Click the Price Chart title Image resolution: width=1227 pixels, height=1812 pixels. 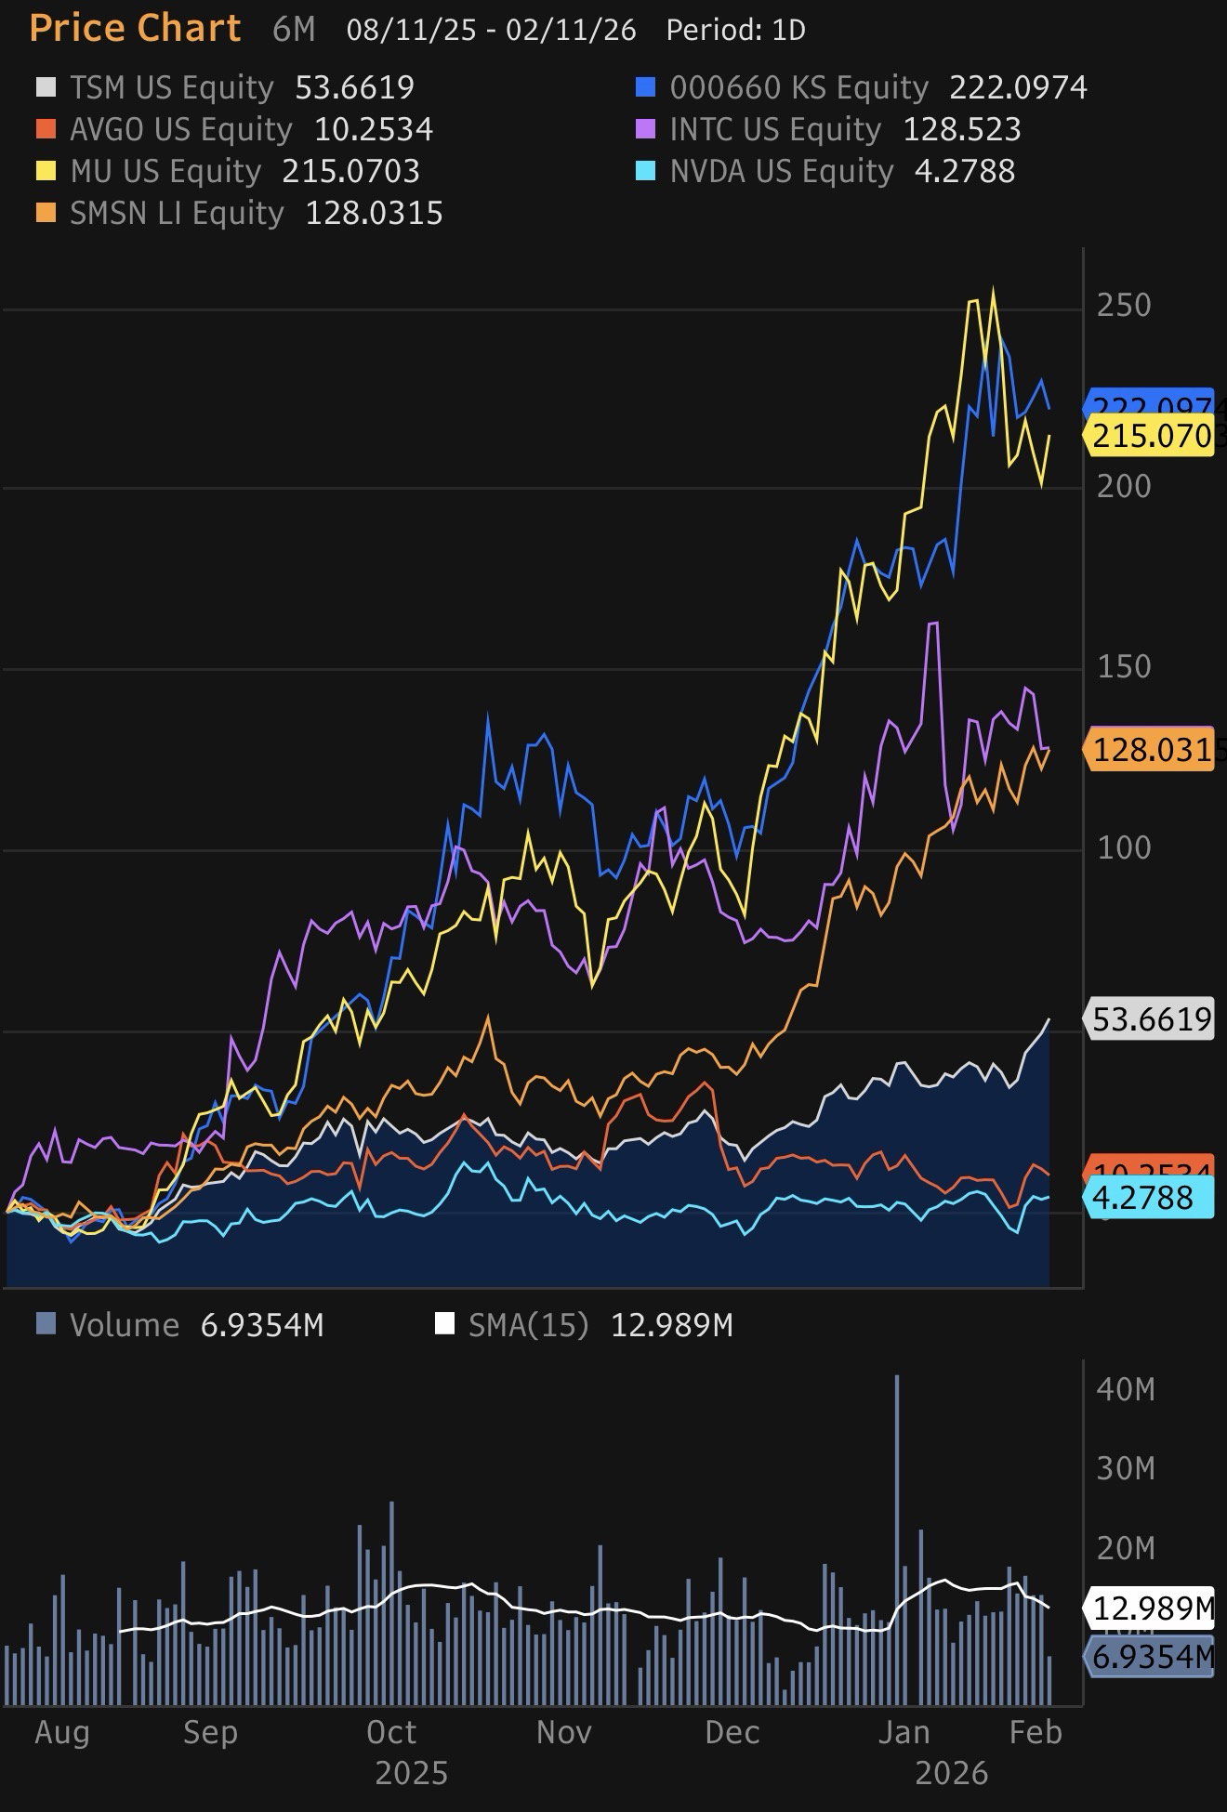coord(136,29)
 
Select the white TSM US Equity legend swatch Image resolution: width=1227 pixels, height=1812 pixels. coord(46,87)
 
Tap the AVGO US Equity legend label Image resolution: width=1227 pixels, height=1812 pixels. coord(180,129)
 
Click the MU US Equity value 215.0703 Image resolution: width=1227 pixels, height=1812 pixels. coord(350,171)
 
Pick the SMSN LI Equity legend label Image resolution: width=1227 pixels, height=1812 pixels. coord(177,214)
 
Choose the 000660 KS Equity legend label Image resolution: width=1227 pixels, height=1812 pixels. coord(798,87)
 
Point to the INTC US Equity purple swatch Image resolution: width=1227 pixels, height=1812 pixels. coord(645,129)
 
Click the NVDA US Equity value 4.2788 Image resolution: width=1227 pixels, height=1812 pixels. coord(964,171)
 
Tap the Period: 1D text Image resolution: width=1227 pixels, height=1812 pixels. coord(735,30)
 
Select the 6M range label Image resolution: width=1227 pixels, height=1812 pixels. coord(294,30)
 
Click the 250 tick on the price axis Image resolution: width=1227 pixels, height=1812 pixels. coord(1124,305)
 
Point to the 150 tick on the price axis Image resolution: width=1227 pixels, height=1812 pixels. coord(1124,666)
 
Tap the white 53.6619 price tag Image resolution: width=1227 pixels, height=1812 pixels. coord(1151,1019)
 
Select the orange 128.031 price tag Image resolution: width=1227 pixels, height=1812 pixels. coord(1151,749)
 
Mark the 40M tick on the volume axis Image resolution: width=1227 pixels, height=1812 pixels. coord(1125,1389)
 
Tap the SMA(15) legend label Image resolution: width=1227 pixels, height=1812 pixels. coord(528,1324)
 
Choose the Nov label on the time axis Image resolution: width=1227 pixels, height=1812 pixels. coord(563,1733)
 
